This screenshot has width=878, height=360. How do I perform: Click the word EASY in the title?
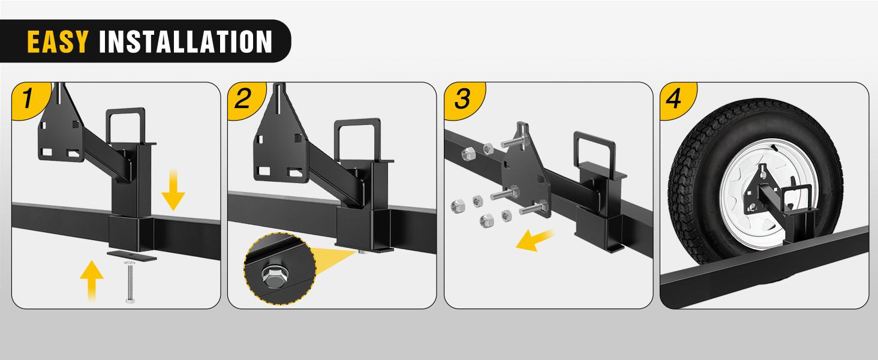[58, 41]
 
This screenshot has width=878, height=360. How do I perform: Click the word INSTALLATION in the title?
[185, 41]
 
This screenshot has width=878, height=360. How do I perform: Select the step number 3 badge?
[461, 98]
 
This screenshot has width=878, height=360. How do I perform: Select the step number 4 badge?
[674, 98]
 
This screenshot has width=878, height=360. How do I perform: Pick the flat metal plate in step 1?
[132, 256]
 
